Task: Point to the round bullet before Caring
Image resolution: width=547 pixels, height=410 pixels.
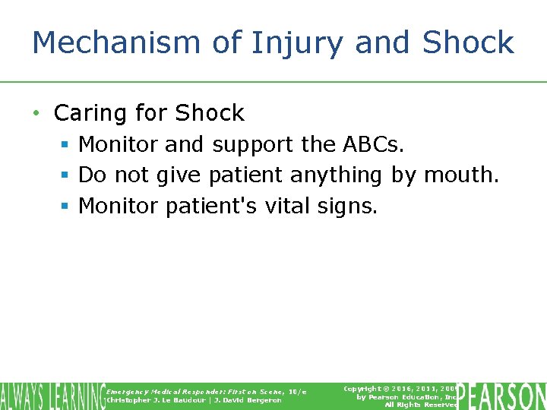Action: pos(36,114)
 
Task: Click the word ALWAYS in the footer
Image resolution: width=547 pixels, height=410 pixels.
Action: pos(21,396)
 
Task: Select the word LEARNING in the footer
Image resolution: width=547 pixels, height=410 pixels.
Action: pos(75,396)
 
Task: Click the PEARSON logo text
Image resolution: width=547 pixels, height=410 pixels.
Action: pos(503,396)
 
